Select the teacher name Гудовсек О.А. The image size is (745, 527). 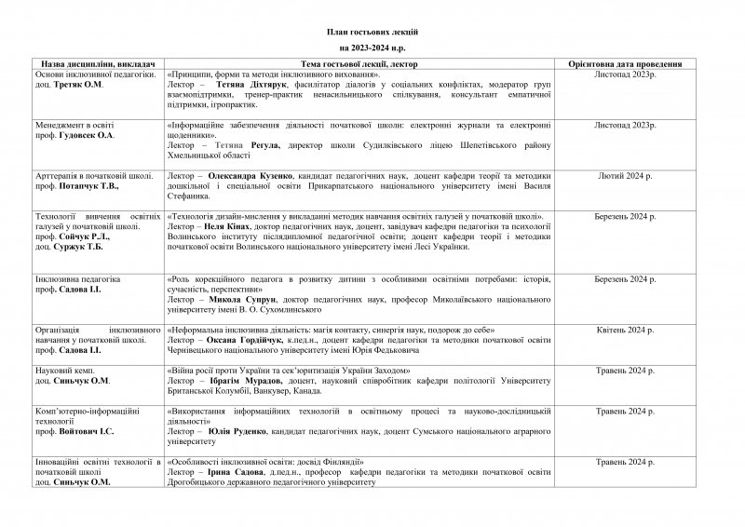point(89,135)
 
